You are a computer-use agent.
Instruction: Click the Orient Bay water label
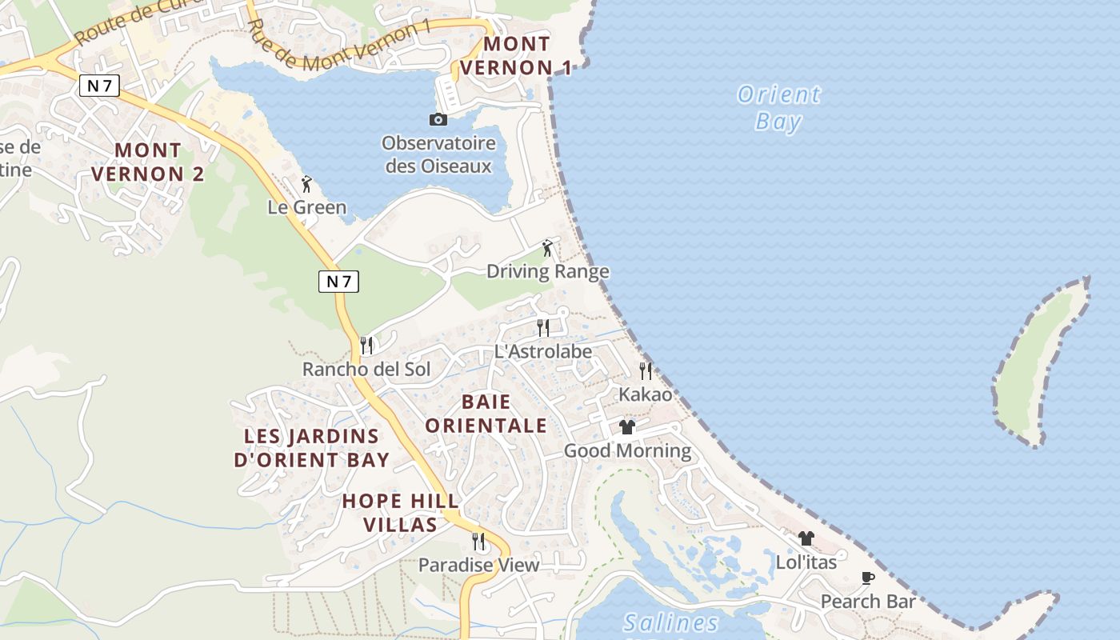coord(778,108)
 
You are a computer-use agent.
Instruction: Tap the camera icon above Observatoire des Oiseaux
coord(438,119)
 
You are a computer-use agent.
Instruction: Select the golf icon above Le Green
coord(306,184)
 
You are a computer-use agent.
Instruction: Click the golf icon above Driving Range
coord(547,247)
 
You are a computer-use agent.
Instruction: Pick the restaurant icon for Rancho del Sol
coord(366,345)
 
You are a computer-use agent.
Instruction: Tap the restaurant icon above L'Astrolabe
coord(542,327)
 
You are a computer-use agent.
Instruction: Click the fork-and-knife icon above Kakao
coord(646,370)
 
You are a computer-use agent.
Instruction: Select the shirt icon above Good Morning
coord(627,426)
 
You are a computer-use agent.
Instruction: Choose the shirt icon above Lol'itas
coord(806,538)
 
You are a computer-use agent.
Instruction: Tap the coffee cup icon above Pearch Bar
coord(868,578)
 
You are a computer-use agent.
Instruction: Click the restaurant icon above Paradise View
coord(478,542)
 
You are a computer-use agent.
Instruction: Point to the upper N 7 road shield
coord(99,86)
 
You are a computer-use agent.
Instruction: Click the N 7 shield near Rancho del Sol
coord(338,281)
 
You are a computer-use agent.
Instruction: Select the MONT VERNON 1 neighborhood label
coord(516,56)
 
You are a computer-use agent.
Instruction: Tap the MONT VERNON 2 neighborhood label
coord(147,162)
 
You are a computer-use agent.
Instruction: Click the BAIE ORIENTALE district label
coord(486,414)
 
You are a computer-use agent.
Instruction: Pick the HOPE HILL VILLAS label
coord(401,513)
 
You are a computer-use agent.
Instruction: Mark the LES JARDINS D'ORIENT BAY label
coord(311,448)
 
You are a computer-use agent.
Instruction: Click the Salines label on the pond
coord(670,622)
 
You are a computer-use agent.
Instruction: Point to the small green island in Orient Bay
coord(1040,360)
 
